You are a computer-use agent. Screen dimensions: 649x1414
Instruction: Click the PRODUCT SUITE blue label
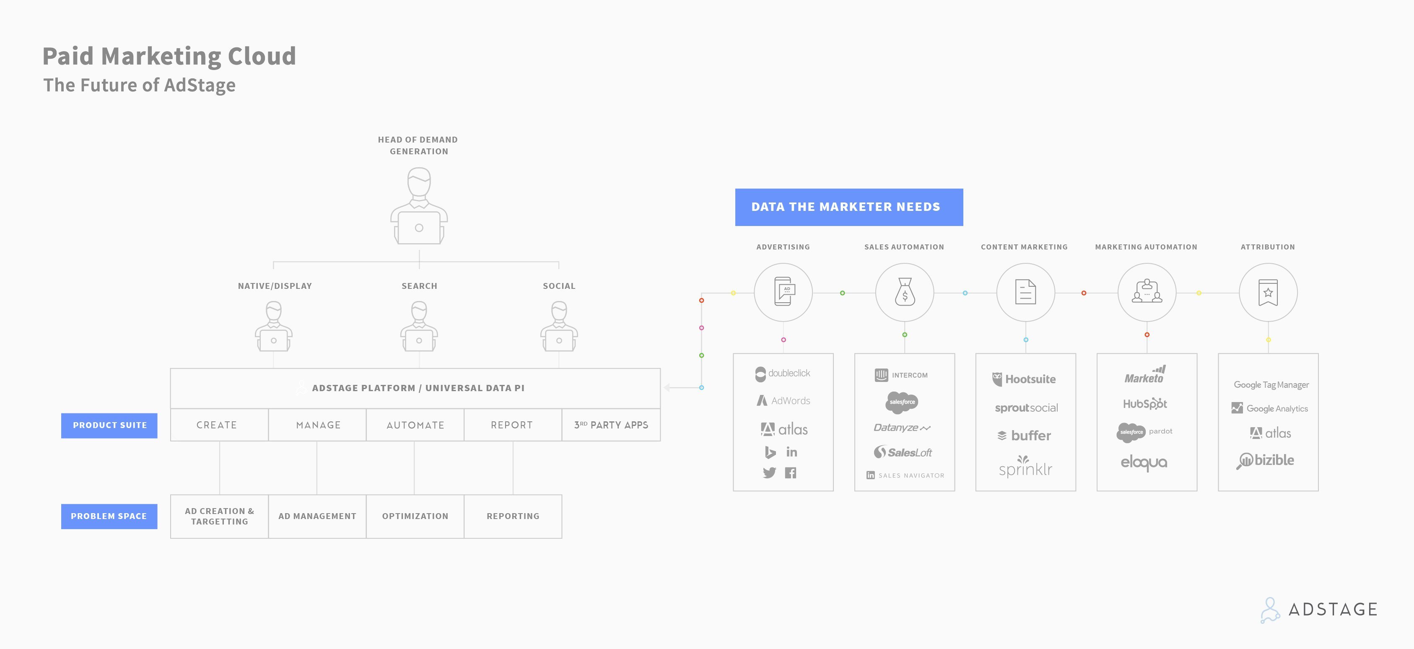109,426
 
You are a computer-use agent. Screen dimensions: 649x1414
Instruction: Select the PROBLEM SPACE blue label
109,516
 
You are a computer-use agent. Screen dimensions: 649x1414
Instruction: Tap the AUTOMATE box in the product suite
415,425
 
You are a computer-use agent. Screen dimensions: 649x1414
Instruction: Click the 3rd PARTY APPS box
611,425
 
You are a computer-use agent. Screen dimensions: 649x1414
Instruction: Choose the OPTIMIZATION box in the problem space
415,516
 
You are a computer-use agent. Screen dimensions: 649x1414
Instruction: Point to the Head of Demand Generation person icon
419,206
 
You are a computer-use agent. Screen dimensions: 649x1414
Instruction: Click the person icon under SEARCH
419,326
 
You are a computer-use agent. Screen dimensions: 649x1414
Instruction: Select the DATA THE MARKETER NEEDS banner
848,207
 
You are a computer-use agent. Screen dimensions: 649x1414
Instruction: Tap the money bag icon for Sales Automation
905,292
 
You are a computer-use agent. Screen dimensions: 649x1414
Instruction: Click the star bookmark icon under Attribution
1268,292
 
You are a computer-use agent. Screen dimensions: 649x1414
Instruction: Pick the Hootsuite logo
1024,379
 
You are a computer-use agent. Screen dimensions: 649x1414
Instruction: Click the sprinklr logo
1025,467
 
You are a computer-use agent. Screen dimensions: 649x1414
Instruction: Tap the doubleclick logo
783,374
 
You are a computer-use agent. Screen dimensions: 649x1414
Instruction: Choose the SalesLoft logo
903,452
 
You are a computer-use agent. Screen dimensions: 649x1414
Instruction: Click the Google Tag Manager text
1271,385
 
